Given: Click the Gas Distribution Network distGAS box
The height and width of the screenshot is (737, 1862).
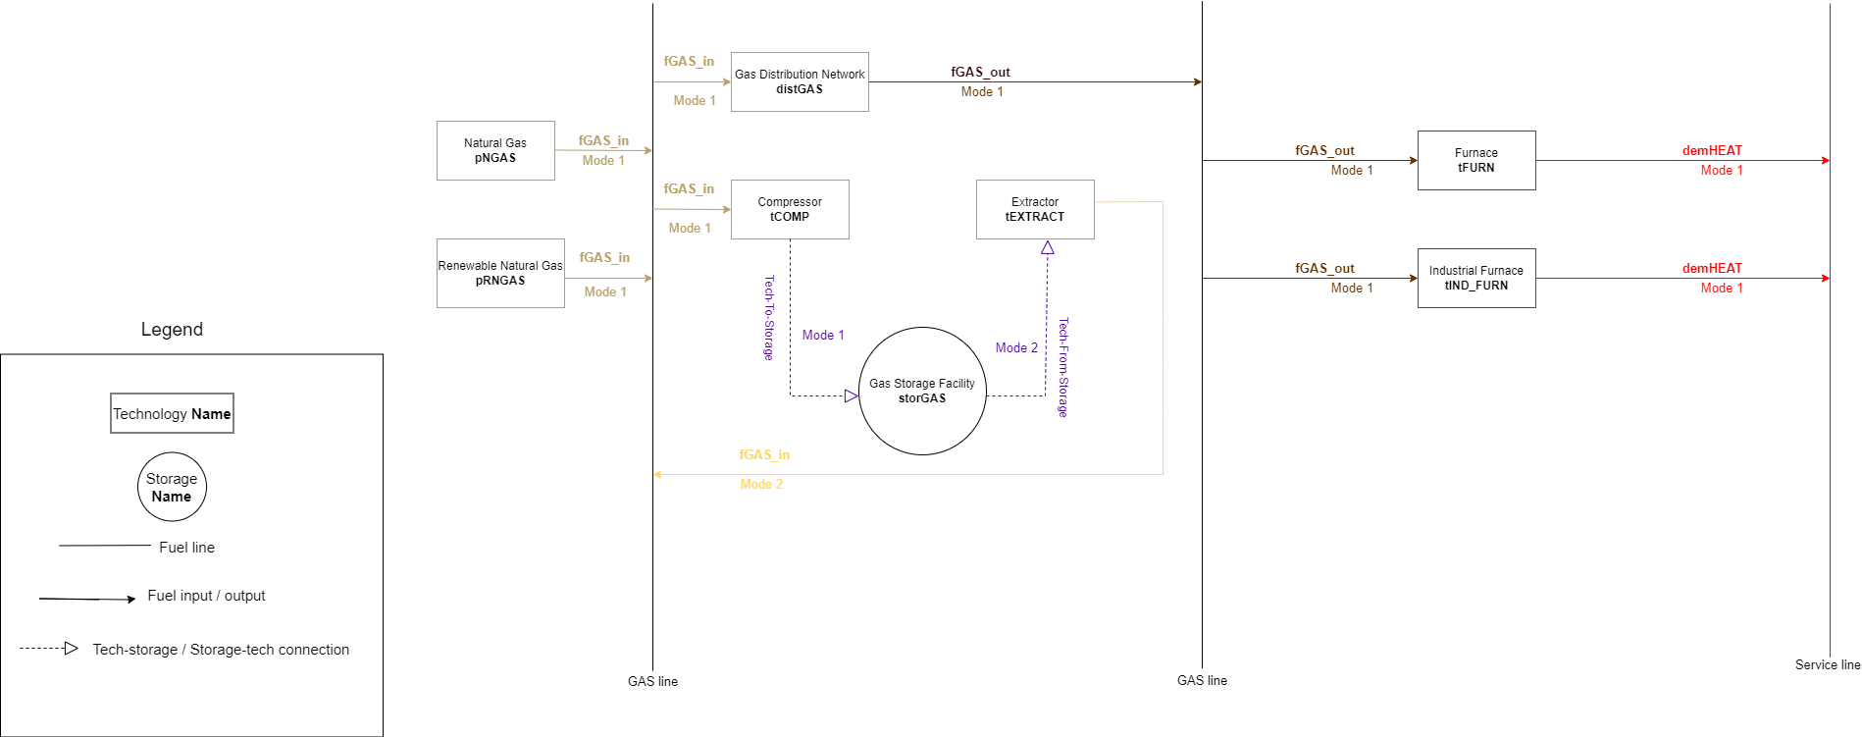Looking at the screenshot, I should click(x=800, y=81).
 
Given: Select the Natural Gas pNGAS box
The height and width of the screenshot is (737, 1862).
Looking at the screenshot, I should click(x=495, y=150).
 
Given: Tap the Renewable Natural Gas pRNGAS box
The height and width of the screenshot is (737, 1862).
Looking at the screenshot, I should click(x=500, y=273).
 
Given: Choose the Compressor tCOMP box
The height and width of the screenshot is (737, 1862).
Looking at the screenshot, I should click(x=790, y=209).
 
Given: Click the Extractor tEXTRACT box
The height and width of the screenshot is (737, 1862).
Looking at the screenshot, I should click(x=1035, y=209).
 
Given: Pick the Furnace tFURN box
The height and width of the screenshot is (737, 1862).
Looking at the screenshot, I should click(x=1476, y=160).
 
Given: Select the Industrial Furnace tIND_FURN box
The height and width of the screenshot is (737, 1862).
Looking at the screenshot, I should click(x=1476, y=278).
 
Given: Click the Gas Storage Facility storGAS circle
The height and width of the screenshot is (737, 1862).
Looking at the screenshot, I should click(x=922, y=391).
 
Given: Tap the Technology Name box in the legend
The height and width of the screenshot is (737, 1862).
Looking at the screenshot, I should click(x=172, y=413).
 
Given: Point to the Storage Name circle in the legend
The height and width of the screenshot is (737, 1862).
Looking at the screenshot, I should click(x=172, y=487).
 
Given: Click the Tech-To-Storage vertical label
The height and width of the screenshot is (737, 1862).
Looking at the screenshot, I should click(x=769, y=318).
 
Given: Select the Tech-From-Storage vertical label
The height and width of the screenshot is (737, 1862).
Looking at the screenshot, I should click(x=1062, y=367).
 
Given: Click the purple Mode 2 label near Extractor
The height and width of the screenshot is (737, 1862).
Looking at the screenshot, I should click(x=1016, y=347).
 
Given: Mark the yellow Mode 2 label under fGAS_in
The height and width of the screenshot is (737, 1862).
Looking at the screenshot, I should click(x=761, y=484).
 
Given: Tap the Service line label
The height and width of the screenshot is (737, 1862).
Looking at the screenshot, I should click(x=1828, y=664).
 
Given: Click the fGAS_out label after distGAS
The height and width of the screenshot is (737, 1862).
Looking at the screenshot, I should click(x=980, y=72).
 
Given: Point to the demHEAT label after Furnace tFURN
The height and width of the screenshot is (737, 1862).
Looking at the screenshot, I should click(x=1712, y=150).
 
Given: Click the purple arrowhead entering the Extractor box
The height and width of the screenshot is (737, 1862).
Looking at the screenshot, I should click(x=1048, y=248).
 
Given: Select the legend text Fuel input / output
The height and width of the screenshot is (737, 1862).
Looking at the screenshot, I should click(x=206, y=596).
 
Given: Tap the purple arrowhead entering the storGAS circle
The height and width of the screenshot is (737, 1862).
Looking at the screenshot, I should click(x=852, y=395).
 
